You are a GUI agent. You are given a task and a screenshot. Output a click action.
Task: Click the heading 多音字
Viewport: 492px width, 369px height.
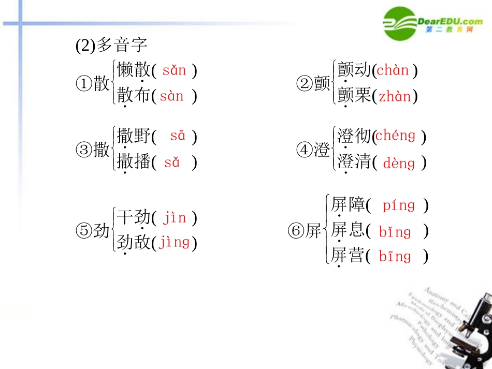(x=111, y=46)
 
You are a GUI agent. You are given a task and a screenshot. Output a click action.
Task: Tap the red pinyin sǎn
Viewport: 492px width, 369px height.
(x=174, y=70)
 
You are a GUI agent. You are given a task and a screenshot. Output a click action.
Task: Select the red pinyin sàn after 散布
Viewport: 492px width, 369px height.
(x=172, y=96)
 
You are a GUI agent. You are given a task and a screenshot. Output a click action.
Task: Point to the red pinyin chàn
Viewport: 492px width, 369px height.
(x=393, y=70)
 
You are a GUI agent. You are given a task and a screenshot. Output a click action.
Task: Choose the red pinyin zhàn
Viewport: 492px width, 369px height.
(x=395, y=96)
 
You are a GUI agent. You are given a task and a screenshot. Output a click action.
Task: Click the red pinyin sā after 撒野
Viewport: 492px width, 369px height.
(x=178, y=136)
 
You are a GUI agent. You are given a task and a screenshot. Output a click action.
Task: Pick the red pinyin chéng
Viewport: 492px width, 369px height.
(x=396, y=136)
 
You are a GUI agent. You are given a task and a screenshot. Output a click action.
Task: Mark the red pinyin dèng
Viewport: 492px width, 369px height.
(x=399, y=163)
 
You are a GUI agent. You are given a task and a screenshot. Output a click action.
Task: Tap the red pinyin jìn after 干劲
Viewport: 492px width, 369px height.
(x=175, y=217)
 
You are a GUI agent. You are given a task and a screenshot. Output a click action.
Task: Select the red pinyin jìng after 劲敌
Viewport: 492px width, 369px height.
(x=175, y=242)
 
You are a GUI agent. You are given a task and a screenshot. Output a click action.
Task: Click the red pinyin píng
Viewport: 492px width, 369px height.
(x=399, y=205)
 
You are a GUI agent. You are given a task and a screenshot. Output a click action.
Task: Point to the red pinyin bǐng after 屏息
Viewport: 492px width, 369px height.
(x=395, y=231)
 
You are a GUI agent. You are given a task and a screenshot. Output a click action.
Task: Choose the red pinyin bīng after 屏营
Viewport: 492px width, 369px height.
(x=395, y=256)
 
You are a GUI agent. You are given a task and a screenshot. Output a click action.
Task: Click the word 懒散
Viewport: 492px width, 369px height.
(x=134, y=70)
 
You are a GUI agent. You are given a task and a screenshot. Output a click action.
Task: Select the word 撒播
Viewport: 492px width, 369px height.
(x=134, y=162)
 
